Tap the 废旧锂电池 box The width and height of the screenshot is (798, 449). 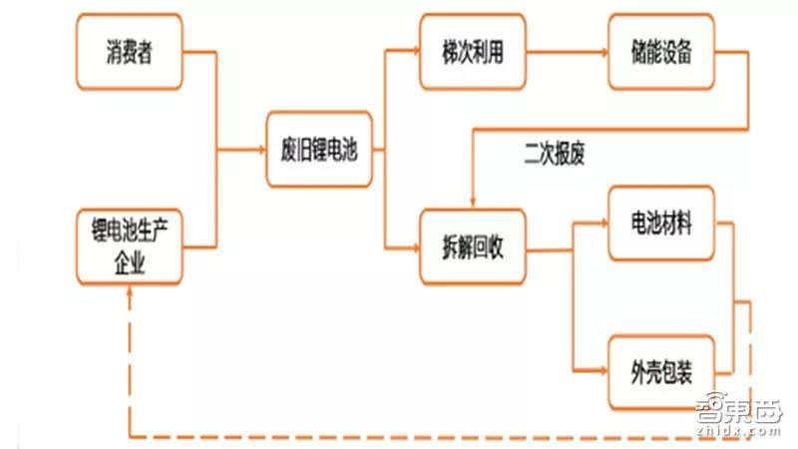[x=319, y=151]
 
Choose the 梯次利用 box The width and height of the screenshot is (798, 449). [x=472, y=51]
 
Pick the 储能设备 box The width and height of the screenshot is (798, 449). [x=661, y=51]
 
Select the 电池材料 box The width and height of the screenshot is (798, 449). [x=661, y=221]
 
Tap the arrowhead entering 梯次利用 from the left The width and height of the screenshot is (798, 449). [x=413, y=51]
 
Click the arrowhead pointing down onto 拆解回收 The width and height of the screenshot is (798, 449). [x=472, y=205]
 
